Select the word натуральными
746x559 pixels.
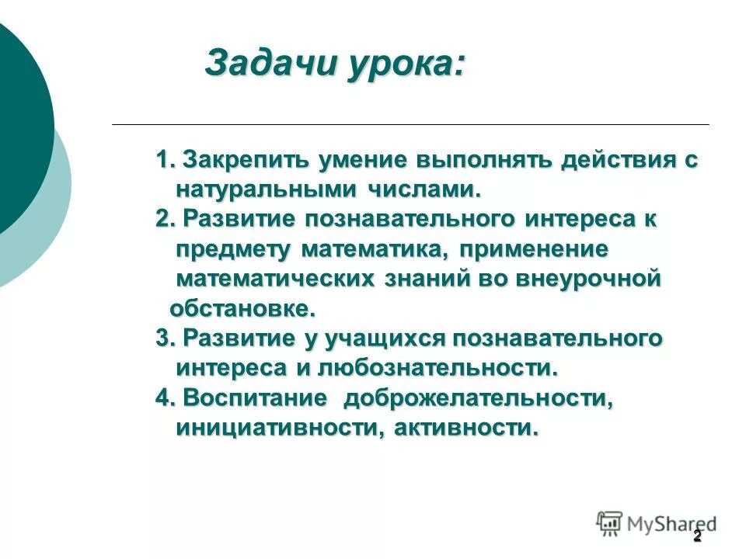(267, 189)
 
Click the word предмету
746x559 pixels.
(233, 249)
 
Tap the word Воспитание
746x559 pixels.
(255, 398)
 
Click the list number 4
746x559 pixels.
(164, 398)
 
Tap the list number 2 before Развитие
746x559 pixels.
(164, 220)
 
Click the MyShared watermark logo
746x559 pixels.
(656, 523)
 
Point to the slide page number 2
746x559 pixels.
(697, 536)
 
